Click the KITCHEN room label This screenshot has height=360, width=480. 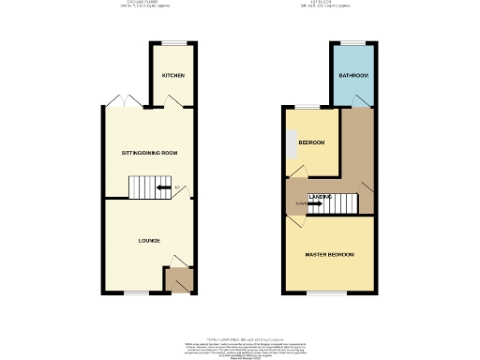tap(172, 75)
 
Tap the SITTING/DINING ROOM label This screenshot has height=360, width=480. tap(149, 153)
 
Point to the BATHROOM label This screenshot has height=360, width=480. tap(352, 75)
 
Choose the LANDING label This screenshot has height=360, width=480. tap(318, 196)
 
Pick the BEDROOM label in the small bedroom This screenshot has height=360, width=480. tap(311, 142)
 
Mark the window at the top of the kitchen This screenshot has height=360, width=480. tap(173, 43)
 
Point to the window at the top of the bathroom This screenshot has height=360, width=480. tap(352, 43)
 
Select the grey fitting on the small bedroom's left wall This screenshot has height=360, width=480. tap(291, 141)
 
